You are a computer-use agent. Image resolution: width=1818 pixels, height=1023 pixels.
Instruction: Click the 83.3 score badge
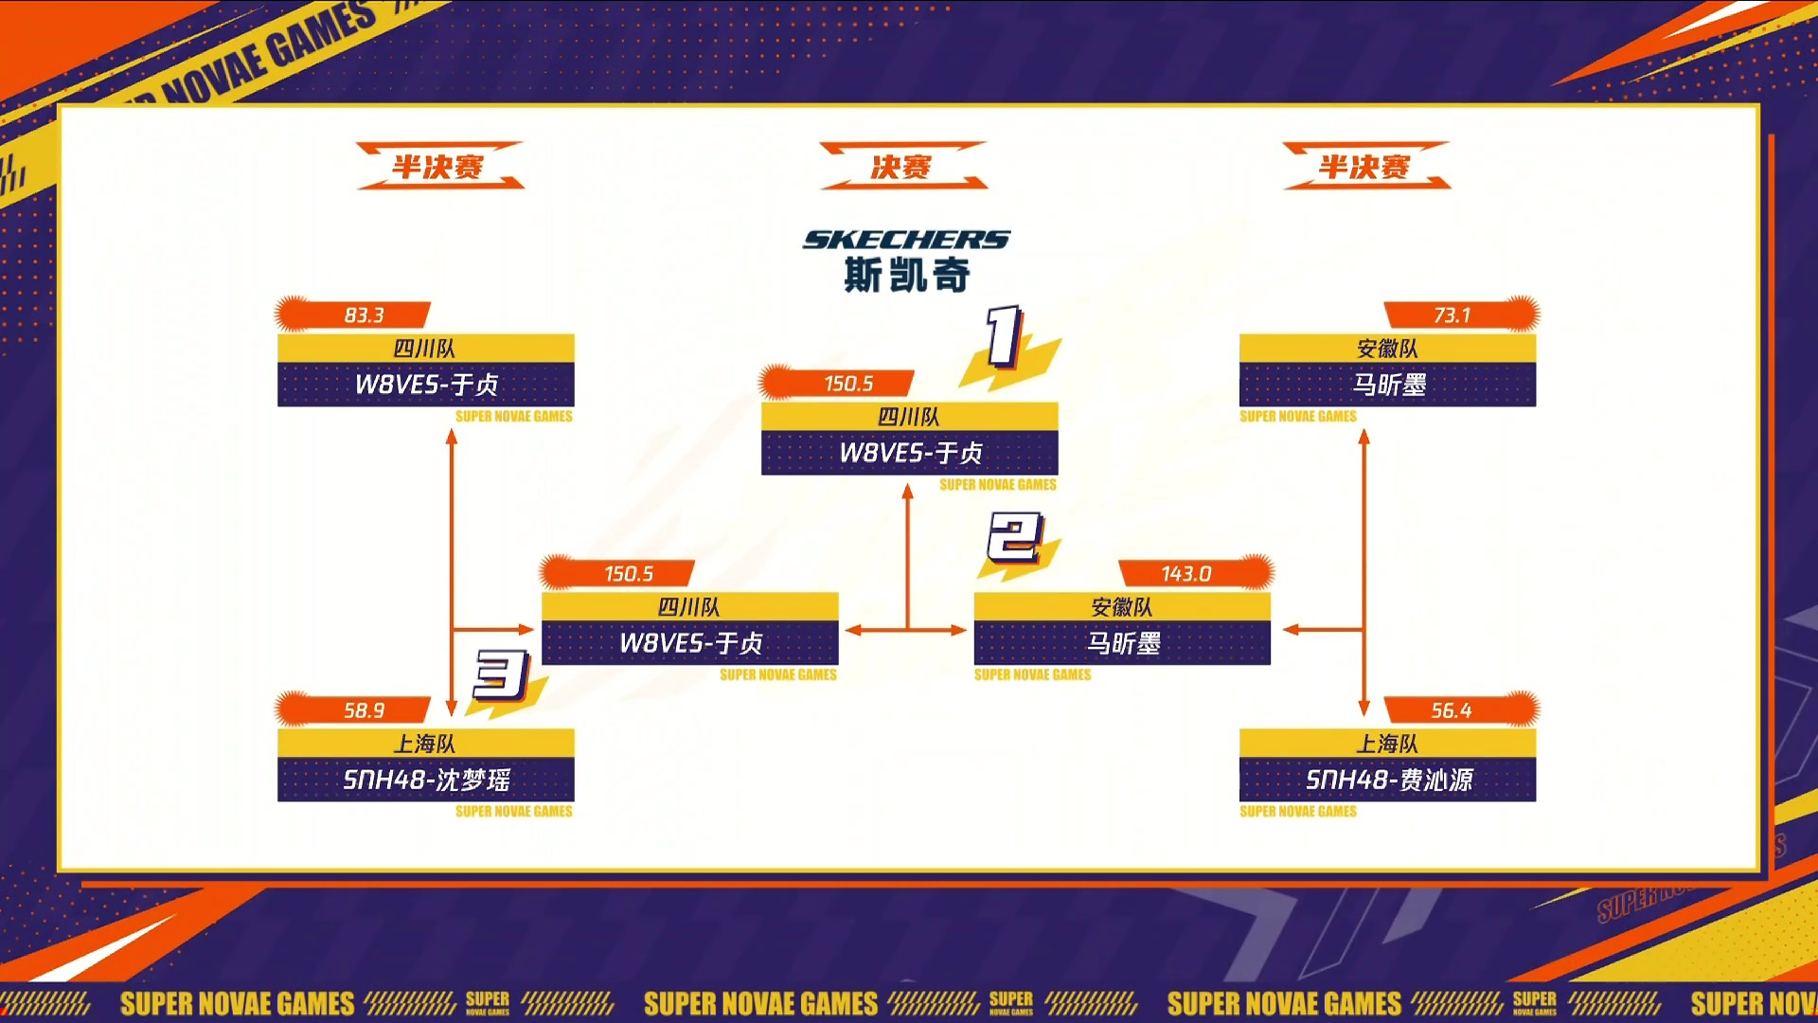coord(364,314)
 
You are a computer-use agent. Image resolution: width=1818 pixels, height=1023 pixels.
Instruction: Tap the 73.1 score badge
coord(1452,314)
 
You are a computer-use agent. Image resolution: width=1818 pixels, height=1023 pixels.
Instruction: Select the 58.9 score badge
coord(364,709)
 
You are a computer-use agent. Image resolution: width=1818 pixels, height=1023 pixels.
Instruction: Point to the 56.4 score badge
coord(1452,709)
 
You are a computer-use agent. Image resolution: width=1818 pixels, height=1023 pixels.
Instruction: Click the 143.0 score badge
coord(1186,573)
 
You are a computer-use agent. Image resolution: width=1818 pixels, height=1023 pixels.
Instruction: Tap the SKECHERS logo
coord(906,240)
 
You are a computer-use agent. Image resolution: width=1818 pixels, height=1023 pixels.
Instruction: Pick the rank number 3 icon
coord(501,674)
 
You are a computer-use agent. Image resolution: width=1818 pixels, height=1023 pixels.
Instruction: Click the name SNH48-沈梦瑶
coord(426,780)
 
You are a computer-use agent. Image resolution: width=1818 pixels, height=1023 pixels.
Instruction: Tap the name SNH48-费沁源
coord(1388,780)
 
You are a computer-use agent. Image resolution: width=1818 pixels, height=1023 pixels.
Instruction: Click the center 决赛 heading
coord(901,167)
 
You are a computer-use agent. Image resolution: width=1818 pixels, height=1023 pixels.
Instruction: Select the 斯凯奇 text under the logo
coord(906,276)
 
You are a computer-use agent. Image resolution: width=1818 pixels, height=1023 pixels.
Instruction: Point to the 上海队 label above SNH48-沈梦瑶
coord(425,744)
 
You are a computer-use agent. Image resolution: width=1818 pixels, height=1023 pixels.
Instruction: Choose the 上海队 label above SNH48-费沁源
coord(1387,744)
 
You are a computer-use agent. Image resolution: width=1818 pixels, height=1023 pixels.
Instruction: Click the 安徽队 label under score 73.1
coord(1387,349)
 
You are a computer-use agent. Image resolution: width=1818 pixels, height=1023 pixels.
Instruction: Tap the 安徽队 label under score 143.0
coord(1122,607)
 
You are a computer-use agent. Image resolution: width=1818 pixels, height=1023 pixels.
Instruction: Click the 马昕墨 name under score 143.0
coord(1123,643)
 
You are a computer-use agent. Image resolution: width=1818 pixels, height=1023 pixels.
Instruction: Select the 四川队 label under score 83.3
coord(425,349)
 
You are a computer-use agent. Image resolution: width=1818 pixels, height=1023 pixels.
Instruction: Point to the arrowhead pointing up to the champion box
coord(908,491)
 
